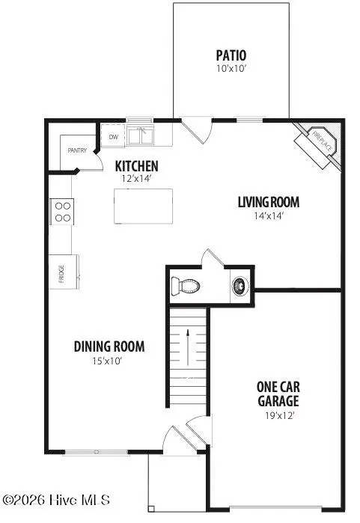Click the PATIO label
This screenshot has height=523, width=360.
tap(231, 55)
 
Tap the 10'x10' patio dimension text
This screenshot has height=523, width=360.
tap(231, 68)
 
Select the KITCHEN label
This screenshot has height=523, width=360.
tap(135, 165)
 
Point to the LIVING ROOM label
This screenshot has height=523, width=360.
tap(269, 202)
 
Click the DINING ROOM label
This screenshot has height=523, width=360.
tap(109, 346)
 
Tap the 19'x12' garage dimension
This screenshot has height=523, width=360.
tap(278, 417)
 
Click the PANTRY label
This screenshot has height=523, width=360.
tap(78, 150)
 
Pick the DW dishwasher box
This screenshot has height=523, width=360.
tap(114, 137)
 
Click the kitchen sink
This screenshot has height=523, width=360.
tap(140, 136)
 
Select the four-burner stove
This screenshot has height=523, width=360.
tap(62, 211)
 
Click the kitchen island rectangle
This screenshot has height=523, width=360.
tap(143, 206)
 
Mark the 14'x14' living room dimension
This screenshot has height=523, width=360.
tap(269, 215)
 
